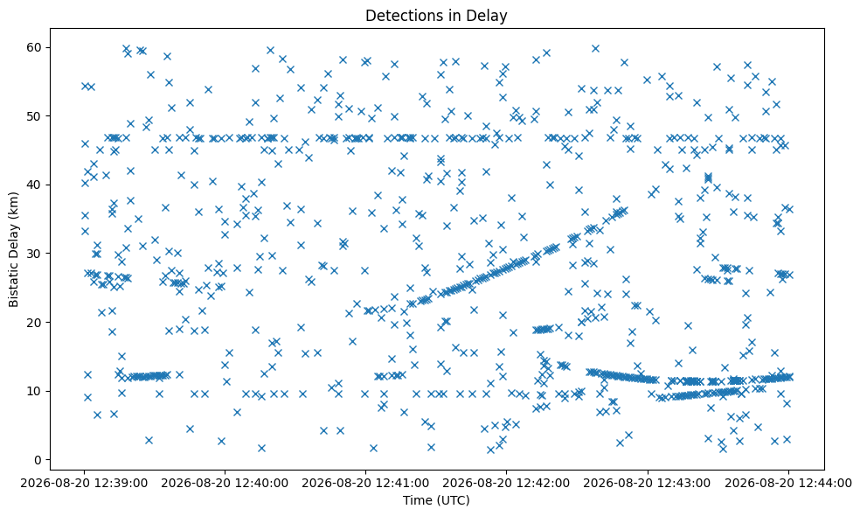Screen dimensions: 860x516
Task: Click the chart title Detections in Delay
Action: pyautogui.click(x=436, y=16)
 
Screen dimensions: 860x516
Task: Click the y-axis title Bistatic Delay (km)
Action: pyautogui.click(x=14, y=249)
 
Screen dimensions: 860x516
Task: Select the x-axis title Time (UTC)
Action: pyautogui.click(x=436, y=500)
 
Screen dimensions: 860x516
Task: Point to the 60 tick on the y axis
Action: pyautogui.click(x=35, y=47)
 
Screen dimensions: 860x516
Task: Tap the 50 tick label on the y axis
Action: pyautogui.click(x=35, y=116)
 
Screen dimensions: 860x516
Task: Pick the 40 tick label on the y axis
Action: pyautogui.click(x=35, y=185)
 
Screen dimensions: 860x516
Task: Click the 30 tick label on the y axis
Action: pyautogui.click(x=35, y=254)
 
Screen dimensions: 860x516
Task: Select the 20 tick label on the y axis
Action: pyautogui.click(x=35, y=322)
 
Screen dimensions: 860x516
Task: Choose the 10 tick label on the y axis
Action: pyautogui.click(x=35, y=391)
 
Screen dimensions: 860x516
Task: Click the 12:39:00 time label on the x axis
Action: pyautogui.click(x=84, y=483)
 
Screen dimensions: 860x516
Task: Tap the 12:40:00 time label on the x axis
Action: pyautogui.click(x=225, y=483)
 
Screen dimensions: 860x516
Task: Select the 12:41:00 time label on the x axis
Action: pyautogui.click(x=366, y=483)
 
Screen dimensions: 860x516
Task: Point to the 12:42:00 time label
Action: pyautogui.click(x=507, y=483)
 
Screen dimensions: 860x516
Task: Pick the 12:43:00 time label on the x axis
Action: pyautogui.click(x=648, y=483)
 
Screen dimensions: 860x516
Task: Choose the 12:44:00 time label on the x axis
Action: pyautogui.click(x=788, y=483)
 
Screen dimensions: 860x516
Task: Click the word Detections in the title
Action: pyautogui.click(x=398, y=16)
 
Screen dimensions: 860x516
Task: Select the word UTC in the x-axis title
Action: pyautogui.click(x=454, y=500)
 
